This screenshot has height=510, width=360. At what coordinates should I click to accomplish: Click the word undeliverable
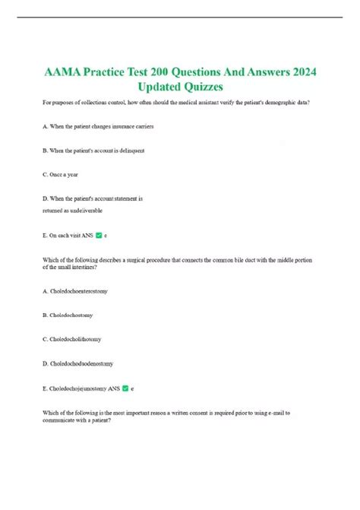pos(81,210)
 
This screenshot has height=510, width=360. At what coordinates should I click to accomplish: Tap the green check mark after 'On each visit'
pos(99,236)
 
